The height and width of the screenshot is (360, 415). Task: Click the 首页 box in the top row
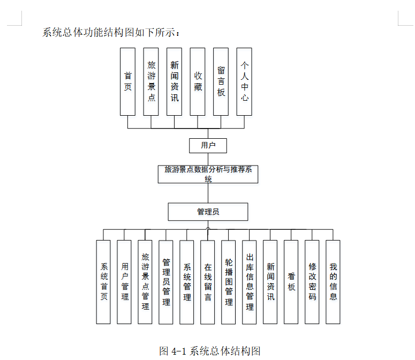tap(127, 81)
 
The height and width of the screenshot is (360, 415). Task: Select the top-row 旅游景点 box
tap(151, 81)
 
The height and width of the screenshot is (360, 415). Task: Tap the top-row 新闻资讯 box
tap(175, 81)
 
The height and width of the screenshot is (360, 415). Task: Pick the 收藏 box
tap(198, 81)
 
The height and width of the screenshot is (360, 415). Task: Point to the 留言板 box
tap(221, 81)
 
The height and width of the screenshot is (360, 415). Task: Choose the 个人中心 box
tap(244, 81)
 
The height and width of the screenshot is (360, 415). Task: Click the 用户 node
tap(208, 145)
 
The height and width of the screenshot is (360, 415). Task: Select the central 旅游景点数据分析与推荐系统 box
tap(208, 174)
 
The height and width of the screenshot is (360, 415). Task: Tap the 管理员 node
tap(208, 212)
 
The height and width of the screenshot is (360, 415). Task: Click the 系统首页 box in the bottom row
tap(103, 282)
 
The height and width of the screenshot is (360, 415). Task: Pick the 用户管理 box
tap(124, 282)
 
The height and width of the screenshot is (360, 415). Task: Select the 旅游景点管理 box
tap(145, 282)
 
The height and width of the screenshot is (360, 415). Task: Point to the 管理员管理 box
tap(166, 282)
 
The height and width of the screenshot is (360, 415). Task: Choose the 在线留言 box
tap(208, 282)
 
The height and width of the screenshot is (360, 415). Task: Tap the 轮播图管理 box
tap(229, 282)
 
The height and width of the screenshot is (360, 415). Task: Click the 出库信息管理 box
tap(250, 282)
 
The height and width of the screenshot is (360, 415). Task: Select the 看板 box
tap(291, 282)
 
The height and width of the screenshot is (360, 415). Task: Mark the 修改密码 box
tap(312, 282)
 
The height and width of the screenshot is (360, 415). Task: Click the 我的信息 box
tap(333, 282)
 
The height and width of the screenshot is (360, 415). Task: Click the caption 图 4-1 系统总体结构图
tap(210, 351)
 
